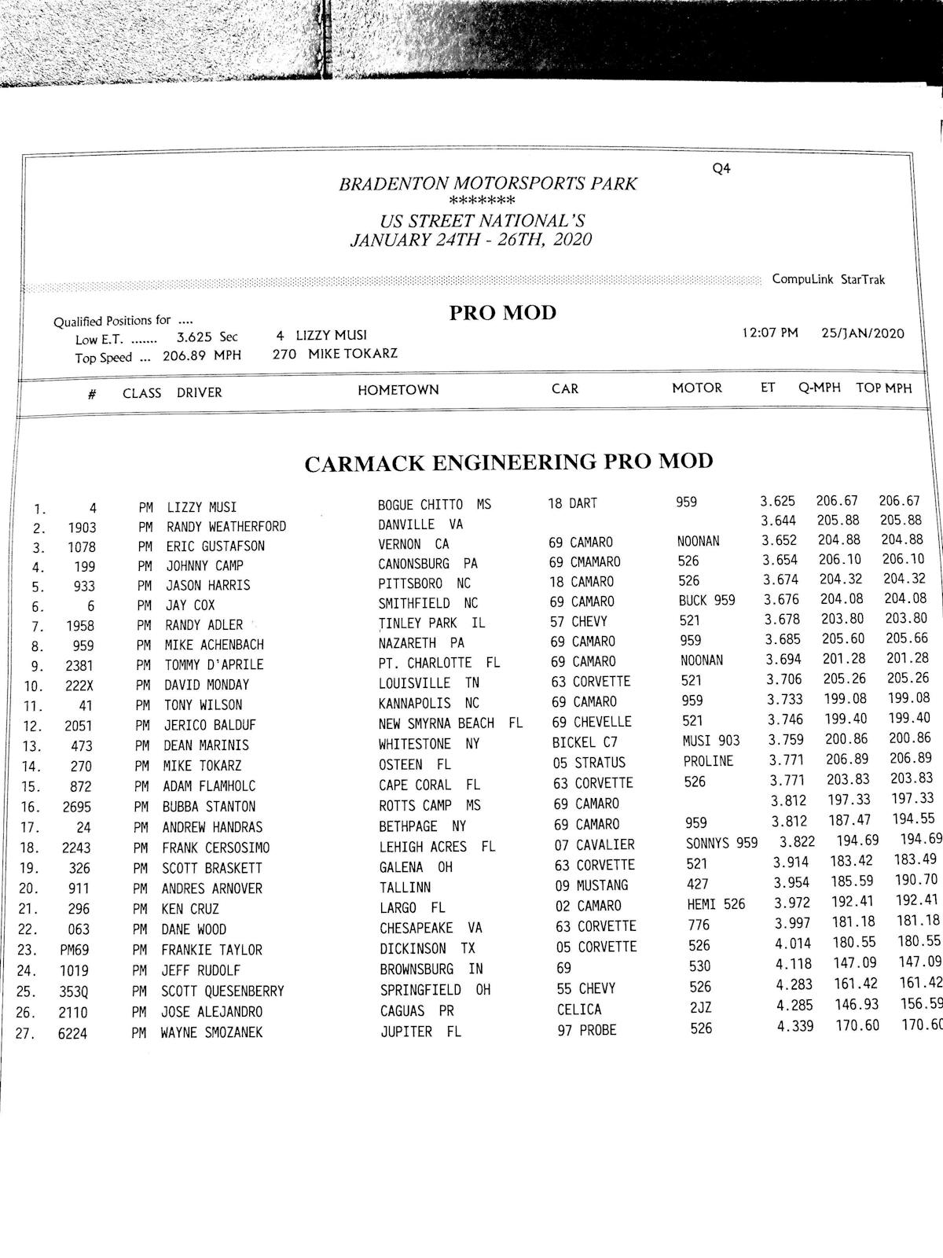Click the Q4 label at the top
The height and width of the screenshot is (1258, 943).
click(721, 168)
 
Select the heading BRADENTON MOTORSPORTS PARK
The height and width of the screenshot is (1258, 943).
click(488, 184)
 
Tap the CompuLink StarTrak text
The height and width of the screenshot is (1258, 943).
click(828, 279)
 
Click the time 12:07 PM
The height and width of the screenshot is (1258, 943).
click(769, 333)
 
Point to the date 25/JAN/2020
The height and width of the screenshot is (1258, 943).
click(862, 333)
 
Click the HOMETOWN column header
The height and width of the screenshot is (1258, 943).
click(398, 390)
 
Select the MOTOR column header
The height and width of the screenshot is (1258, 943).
click(696, 388)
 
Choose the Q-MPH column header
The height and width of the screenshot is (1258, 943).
click(819, 387)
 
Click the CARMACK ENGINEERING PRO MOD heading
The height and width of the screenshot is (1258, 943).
click(508, 462)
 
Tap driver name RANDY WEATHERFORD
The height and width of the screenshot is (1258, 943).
click(226, 527)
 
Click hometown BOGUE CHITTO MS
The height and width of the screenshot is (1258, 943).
click(434, 504)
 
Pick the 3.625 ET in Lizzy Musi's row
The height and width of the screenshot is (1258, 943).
click(777, 501)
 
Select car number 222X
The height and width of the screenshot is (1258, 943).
click(80, 686)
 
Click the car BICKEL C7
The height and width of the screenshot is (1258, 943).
click(585, 742)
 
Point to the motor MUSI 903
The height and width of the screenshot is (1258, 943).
click(711, 740)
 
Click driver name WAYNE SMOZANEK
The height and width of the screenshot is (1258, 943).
click(211, 1032)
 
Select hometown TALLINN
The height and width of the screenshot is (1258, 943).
click(405, 888)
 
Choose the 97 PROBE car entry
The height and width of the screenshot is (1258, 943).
click(587, 1030)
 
